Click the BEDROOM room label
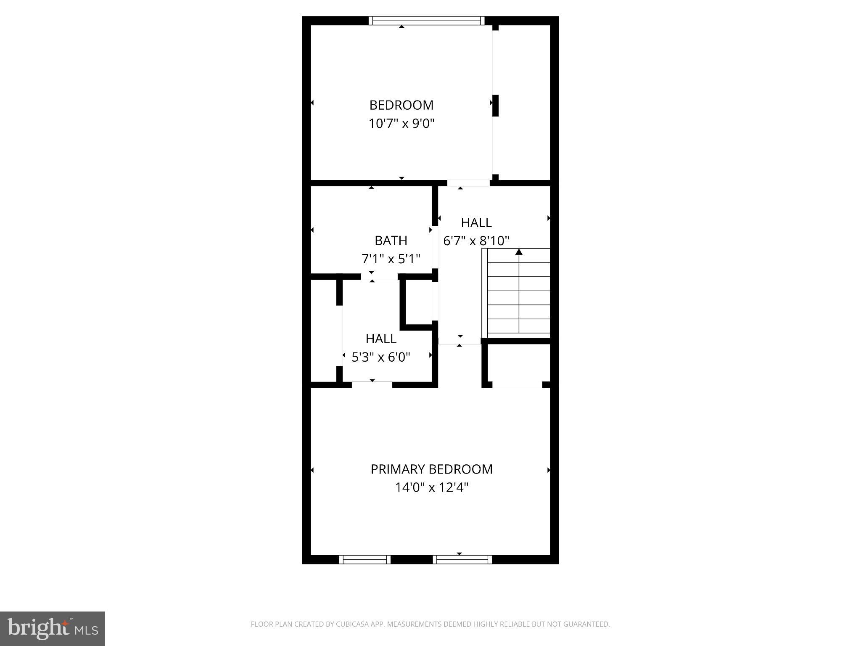(401, 105)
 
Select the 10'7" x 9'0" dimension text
(401, 124)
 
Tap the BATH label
(391, 241)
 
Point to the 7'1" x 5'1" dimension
(391, 259)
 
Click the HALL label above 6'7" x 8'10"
(476, 222)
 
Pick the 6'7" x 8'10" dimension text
(476, 241)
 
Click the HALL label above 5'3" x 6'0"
(380, 339)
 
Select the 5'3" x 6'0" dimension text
(380, 357)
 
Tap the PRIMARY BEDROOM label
(431, 469)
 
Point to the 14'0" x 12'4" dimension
(431, 487)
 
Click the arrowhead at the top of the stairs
(519, 252)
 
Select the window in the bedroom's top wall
(426, 21)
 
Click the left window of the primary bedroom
(364, 559)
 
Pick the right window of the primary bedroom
(462, 559)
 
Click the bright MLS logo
(53, 629)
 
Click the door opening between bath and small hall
(379, 276)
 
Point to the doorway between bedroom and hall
(468, 183)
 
